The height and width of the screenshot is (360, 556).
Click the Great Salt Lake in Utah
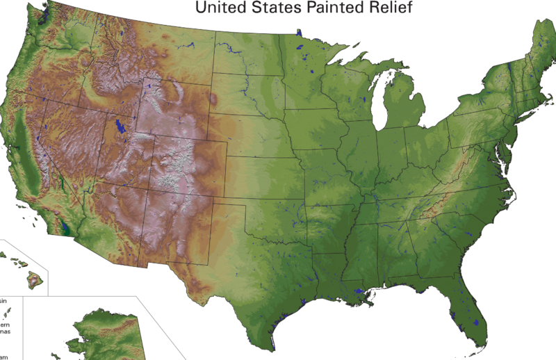(121, 126)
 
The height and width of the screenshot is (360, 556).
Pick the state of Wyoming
(174, 111)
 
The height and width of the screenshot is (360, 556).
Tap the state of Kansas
(264, 174)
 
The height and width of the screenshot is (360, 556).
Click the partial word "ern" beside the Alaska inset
(6, 325)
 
